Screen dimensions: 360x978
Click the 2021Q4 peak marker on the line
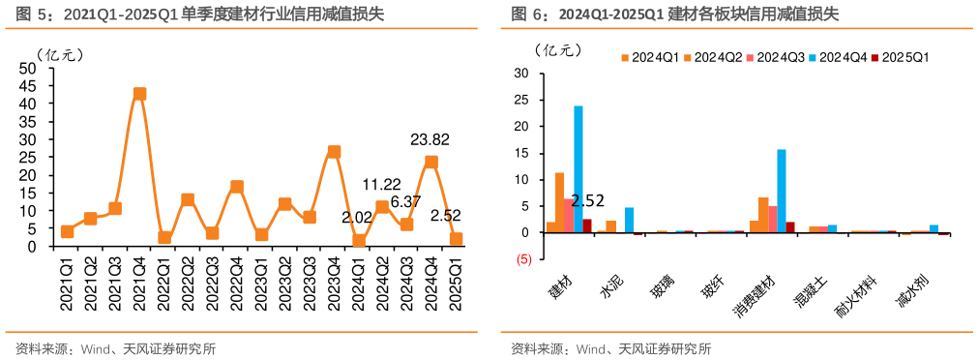[139, 94]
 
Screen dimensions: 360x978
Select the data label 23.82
[430, 138]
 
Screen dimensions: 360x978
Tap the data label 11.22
[382, 184]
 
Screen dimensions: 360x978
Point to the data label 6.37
[406, 201]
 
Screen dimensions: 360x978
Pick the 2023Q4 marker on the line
[334, 152]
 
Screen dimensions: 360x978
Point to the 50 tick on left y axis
[29, 68]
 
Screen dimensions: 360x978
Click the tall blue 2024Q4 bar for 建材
[578, 169]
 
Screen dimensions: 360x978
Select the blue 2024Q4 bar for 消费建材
[782, 191]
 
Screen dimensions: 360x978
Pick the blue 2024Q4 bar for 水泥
[629, 220]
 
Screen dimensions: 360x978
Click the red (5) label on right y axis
[522, 259]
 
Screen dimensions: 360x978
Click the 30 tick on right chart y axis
[521, 74]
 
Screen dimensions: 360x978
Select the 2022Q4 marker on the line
[236, 187]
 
